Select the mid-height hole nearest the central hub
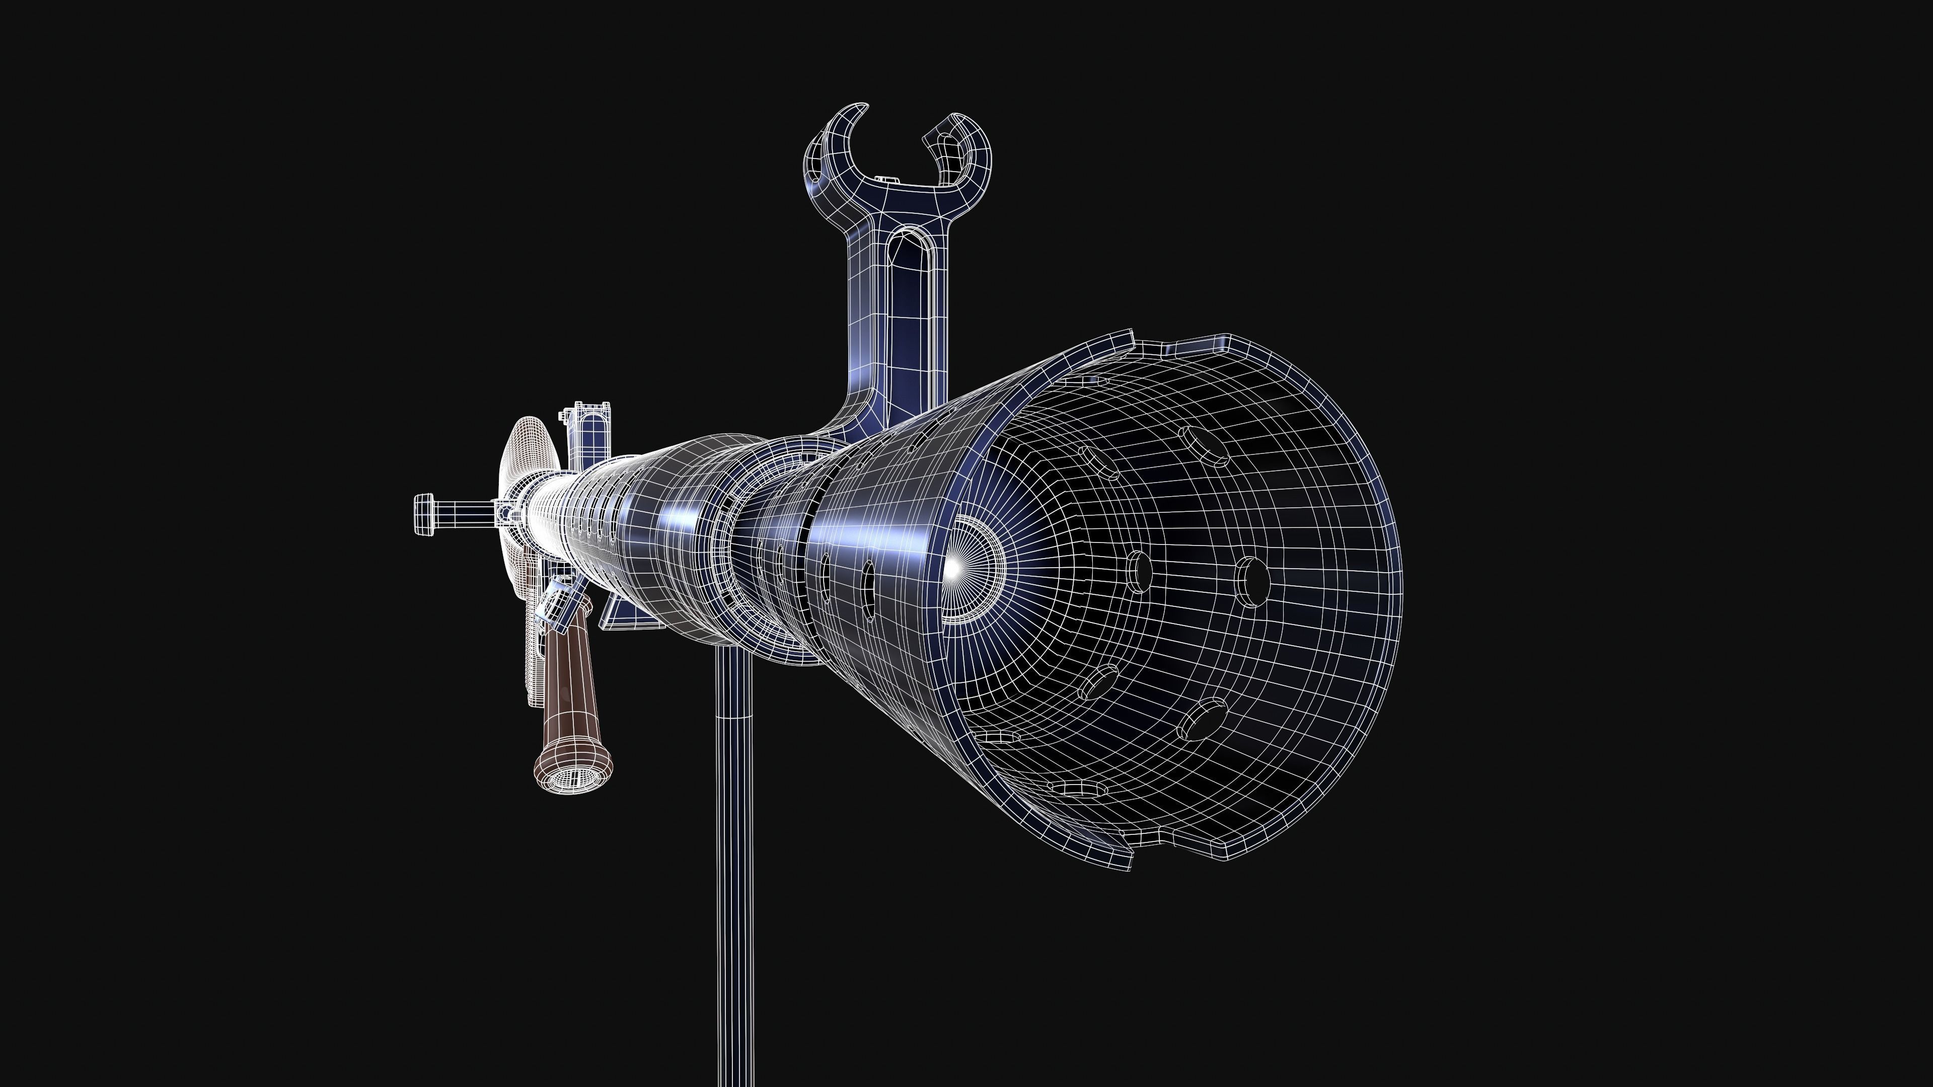click(1139, 572)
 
